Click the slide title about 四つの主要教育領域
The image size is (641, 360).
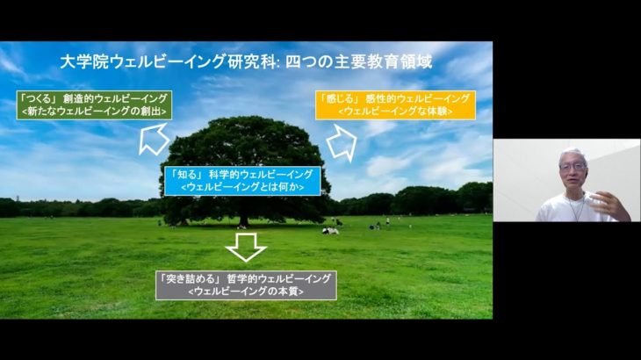(x=246, y=62)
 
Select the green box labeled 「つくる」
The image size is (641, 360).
(x=93, y=104)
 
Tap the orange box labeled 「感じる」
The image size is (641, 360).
(x=394, y=104)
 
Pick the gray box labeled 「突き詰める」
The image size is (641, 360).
(x=246, y=284)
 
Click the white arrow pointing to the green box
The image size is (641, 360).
(x=154, y=138)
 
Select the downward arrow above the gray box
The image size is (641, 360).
(x=246, y=246)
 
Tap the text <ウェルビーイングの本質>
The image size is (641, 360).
(x=246, y=292)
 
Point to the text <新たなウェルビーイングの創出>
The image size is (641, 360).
(x=93, y=112)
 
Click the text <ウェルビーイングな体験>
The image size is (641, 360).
(x=394, y=112)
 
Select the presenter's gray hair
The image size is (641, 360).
(x=573, y=155)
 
